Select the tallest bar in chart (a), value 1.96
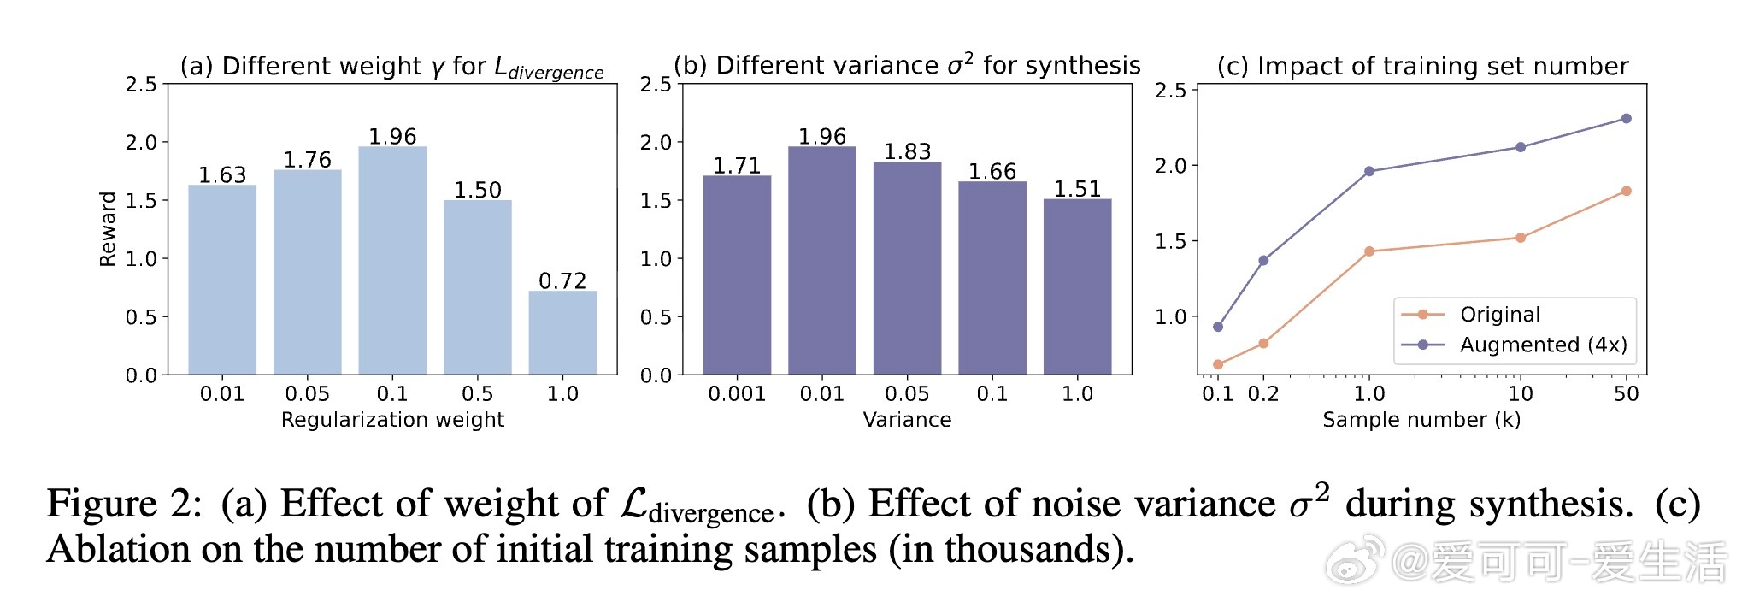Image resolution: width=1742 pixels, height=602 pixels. pyautogui.click(x=392, y=260)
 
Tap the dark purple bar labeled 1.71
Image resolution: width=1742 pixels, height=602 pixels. pyautogui.click(x=737, y=274)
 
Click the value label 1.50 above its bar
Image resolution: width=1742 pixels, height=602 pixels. pyautogui.click(x=477, y=190)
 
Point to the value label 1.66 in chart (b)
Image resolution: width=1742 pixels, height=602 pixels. pyautogui.click(x=992, y=172)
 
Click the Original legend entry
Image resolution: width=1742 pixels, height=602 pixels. pyautogui.click(x=1499, y=315)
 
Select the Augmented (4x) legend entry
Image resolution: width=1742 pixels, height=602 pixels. pyautogui.click(x=1542, y=345)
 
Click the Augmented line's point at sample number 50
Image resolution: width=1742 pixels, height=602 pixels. pyautogui.click(x=1626, y=119)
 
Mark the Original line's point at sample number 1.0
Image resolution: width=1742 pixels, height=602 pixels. pyautogui.click(x=1369, y=251)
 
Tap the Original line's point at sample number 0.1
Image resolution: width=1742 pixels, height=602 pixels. pyautogui.click(x=1218, y=364)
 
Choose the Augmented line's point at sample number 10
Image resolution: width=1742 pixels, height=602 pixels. pyautogui.click(x=1521, y=147)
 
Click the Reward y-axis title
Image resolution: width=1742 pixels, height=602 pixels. pyautogui.click(x=108, y=229)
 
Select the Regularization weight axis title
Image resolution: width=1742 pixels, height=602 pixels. pyautogui.click(x=392, y=420)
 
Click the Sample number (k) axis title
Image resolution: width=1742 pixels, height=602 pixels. pyautogui.click(x=1421, y=420)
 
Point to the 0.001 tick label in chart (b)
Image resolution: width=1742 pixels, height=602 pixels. pyautogui.click(x=737, y=394)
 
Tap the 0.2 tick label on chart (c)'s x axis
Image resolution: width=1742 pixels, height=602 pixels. pyautogui.click(x=1263, y=394)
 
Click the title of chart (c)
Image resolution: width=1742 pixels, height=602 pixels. pyautogui.click(x=1422, y=67)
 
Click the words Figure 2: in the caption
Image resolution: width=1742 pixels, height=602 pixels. pyautogui.click(x=124, y=504)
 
